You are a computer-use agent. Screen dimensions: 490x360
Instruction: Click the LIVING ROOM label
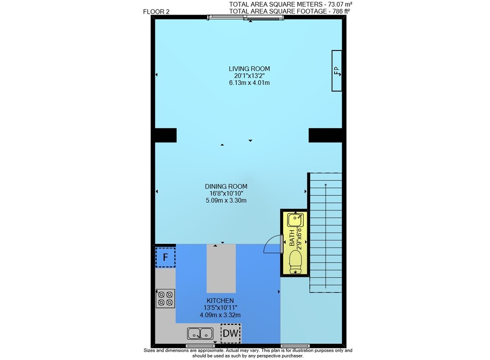[249, 69]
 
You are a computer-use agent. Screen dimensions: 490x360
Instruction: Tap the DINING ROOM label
[226, 186]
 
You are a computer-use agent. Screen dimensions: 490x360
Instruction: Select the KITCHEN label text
[220, 301]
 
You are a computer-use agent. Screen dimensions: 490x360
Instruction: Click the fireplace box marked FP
[337, 71]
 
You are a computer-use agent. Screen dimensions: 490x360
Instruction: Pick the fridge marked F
[165, 257]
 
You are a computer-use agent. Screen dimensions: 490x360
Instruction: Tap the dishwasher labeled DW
[231, 333]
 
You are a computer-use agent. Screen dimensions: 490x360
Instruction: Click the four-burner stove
[166, 298]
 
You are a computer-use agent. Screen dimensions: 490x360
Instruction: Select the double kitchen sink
[200, 334]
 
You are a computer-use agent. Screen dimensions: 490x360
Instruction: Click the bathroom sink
[295, 220]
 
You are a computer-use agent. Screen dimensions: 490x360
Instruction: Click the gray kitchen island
[221, 268]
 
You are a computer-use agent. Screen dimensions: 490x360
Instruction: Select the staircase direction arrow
[326, 235]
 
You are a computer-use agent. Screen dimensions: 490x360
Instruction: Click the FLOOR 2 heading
[156, 12]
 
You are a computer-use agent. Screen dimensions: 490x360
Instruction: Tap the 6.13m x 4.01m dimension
[249, 83]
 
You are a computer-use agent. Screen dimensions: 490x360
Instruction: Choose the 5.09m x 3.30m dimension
[226, 200]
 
